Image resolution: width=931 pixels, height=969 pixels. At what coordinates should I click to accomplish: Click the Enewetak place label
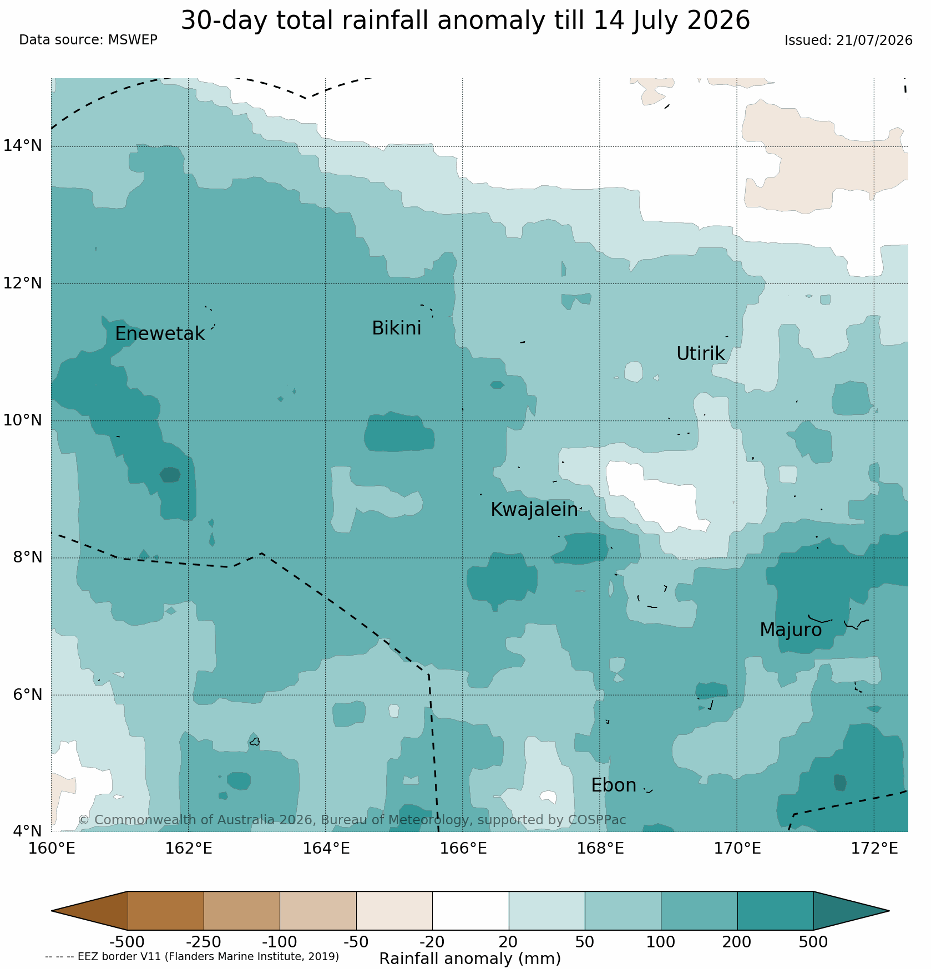tap(160, 334)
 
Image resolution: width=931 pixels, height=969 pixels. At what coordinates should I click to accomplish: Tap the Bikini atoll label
tap(396, 328)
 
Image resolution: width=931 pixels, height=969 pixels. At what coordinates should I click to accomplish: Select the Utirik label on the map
tap(700, 354)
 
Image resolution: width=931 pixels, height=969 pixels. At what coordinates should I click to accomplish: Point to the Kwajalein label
tap(534, 510)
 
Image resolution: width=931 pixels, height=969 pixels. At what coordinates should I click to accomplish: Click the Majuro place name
tap(791, 630)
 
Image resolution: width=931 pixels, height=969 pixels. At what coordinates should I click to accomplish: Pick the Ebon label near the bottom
tap(614, 785)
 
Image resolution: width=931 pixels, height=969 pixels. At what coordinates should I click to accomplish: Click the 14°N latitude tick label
tap(23, 146)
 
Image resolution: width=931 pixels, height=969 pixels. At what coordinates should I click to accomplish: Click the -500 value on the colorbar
tap(127, 942)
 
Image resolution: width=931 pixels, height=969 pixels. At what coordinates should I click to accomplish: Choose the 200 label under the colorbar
tap(737, 942)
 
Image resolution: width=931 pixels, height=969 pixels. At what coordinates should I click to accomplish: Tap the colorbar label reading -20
tap(432, 942)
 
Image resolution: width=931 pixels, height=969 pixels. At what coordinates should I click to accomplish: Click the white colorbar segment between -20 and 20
tap(470, 911)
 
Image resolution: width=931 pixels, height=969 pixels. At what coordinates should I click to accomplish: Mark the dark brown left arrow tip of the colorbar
tap(52, 911)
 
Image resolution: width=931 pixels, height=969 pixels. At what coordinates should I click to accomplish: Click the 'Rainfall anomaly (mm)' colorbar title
tap(470, 959)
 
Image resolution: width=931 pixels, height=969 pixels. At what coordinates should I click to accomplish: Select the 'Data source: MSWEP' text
tap(88, 40)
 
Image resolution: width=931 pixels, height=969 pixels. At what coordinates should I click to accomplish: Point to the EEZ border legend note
tap(192, 957)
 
